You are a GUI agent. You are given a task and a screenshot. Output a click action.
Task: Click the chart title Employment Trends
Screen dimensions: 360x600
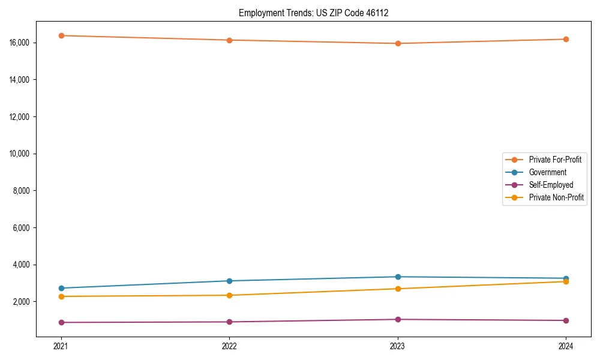[313, 13]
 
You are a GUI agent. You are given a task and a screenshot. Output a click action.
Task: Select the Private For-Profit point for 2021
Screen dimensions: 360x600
[61, 35]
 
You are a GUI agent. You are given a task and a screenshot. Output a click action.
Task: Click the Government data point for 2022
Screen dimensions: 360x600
[229, 281]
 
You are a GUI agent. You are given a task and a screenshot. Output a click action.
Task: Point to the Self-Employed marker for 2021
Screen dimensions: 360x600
[61, 322]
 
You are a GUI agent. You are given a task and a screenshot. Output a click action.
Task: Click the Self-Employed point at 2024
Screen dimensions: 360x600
[566, 320]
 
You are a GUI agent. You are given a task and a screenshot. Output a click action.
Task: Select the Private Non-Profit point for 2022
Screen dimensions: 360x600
[229, 295]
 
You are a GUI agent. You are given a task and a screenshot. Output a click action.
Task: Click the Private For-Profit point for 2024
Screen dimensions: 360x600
[566, 39]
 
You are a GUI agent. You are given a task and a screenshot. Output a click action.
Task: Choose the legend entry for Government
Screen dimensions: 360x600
[547, 172]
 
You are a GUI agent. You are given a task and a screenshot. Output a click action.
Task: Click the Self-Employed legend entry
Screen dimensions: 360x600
[551, 185]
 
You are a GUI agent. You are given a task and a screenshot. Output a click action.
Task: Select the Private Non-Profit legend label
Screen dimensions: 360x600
[556, 197]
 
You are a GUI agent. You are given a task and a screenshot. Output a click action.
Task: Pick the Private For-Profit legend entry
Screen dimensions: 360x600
[554, 160]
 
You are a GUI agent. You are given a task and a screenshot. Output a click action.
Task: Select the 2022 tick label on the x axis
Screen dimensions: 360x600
[229, 346]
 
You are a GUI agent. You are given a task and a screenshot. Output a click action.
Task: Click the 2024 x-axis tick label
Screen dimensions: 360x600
[566, 346]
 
